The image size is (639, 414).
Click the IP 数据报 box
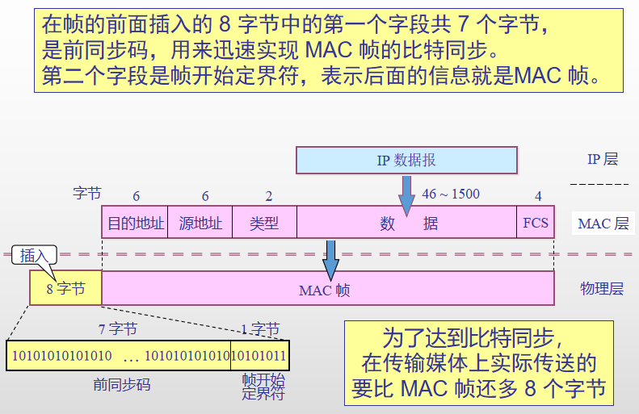point(406,160)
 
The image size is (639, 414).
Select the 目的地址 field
point(137,223)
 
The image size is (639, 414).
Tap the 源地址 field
point(200,223)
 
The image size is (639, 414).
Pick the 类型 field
point(264,223)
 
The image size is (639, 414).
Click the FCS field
point(536,223)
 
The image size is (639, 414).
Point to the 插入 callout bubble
point(35,256)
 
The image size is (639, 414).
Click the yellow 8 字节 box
point(65,289)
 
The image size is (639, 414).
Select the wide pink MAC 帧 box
point(327,289)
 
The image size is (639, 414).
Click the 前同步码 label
point(122,385)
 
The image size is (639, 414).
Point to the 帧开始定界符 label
point(263,387)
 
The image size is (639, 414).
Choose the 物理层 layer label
point(602,289)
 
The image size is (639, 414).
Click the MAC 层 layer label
point(603,224)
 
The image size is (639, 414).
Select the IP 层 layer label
point(602,159)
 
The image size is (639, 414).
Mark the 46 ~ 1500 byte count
point(451,194)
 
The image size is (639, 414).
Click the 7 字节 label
point(118,329)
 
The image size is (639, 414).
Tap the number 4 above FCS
point(538,196)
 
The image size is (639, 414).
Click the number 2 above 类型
point(269,196)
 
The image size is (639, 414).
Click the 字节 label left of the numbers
point(87,194)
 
